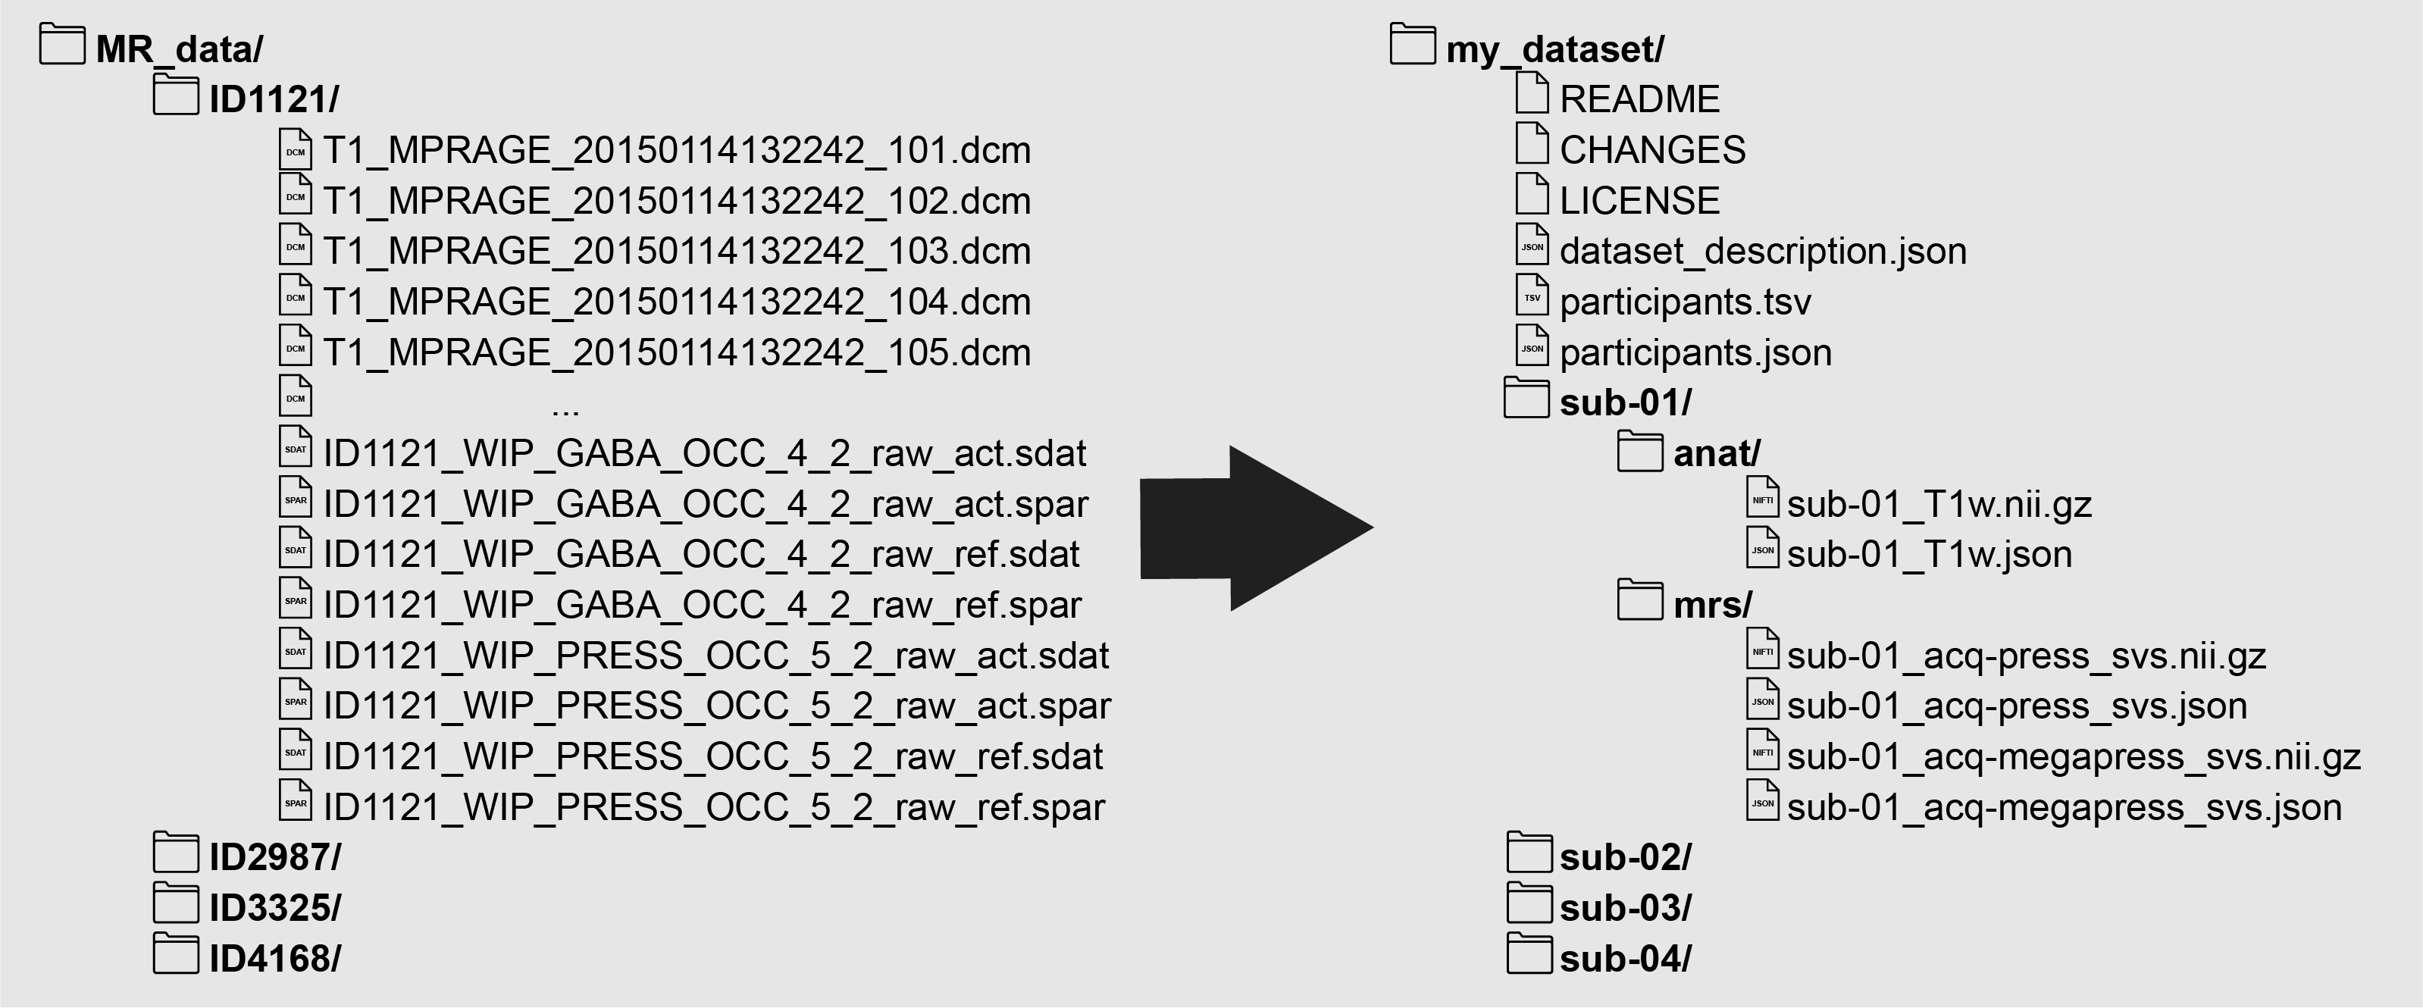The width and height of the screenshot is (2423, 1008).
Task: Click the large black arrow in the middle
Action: [x=1251, y=528]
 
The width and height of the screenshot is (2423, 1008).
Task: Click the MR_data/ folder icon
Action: [x=62, y=45]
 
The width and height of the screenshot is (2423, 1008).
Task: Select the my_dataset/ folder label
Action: [x=1554, y=49]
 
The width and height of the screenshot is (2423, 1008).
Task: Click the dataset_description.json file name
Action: [x=1763, y=251]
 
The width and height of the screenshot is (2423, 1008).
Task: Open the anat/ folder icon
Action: [x=1640, y=452]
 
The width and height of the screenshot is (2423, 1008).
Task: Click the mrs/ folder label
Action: [x=1712, y=606]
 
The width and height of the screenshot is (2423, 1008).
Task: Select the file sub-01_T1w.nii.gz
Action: [x=1939, y=505]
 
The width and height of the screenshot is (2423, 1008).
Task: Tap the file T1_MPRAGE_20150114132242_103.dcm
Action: [x=676, y=251]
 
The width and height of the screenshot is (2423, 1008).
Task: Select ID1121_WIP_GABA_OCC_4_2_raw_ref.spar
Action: [x=702, y=606]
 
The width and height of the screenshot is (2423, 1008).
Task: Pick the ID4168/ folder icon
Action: [x=176, y=956]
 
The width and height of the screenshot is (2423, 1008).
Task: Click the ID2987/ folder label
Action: [x=274, y=857]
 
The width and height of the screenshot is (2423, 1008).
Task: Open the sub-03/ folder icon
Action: [x=1529, y=905]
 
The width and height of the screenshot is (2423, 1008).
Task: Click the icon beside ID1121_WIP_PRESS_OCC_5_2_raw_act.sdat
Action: [x=296, y=650]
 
